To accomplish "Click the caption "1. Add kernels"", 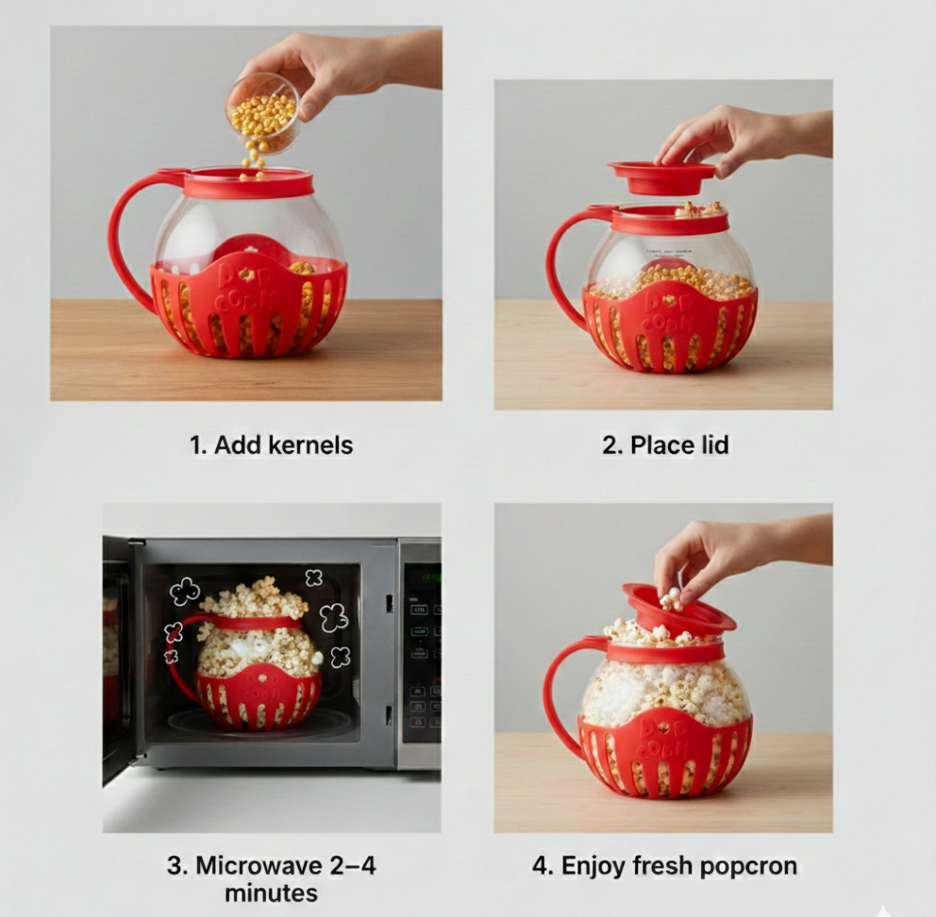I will (x=272, y=445).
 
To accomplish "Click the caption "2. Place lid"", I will (x=665, y=445).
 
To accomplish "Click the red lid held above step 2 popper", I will (x=661, y=176).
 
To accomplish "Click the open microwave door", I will (x=117, y=660).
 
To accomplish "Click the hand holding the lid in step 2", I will (x=727, y=137).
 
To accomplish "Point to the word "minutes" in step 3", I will (x=272, y=892).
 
